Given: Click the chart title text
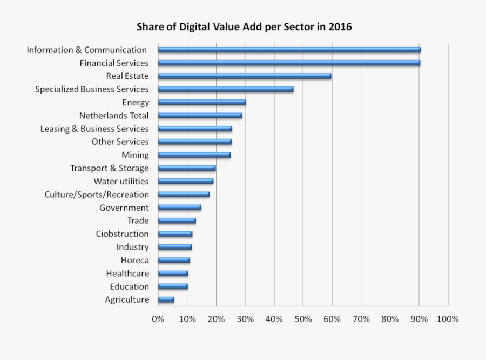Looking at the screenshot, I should click(x=244, y=26).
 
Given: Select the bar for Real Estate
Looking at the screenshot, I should click(x=244, y=76).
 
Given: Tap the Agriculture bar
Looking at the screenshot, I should click(x=166, y=299).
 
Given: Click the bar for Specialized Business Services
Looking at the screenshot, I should click(x=225, y=89).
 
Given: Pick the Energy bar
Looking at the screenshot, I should click(x=201, y=102).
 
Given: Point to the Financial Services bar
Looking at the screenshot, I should click(x=289, y=63).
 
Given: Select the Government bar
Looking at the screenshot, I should click(x=179, y=208).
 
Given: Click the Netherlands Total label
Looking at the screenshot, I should click(x=113, y=116).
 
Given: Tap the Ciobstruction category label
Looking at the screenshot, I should click(x=122, y=234).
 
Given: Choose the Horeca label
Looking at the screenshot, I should click(x=134, y=261).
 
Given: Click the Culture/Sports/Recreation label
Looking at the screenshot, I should click(x=97, y=195).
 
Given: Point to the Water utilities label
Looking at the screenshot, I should click(x=121, y=182).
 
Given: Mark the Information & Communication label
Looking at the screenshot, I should click(x=87, y=50).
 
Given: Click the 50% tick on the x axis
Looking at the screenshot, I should click(x=303, y=319).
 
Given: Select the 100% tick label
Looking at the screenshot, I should click(x=447, y=319).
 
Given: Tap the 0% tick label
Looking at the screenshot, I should click(x=158, y=319).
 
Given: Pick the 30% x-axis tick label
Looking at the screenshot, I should click(x=245, y=319).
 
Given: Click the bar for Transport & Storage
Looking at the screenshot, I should click(x=186, y=168).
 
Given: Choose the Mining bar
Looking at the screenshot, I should click(x=194, y=155).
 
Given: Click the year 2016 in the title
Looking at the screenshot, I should click(x=340, y=26).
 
